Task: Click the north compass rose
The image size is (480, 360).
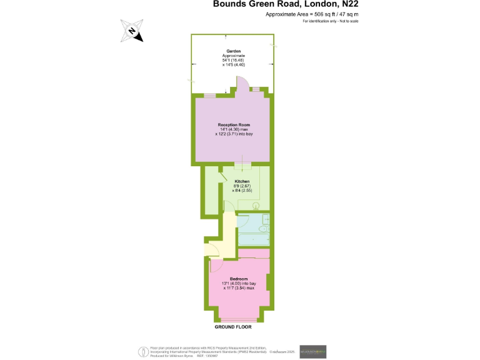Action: point(132,31)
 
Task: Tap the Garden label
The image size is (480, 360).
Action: point(234,51)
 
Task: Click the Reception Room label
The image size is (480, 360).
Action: point(234,126)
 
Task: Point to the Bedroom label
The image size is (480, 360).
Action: point(239,279)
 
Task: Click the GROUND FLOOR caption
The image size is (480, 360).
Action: point(233,327)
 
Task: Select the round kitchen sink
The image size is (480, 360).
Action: point(255,204)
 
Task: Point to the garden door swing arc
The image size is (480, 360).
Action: point(242,83)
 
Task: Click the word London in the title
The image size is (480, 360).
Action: point(317,4)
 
